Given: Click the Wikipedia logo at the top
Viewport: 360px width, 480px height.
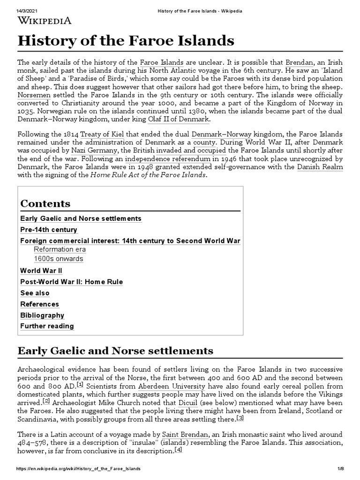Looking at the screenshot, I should coord(45,20).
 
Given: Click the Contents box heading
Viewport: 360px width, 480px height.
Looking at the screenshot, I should coord(45,203).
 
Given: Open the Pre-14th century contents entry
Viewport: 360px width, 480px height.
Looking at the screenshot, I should coord(49,230).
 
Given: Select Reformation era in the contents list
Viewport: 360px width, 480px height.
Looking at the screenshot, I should coord(60,249).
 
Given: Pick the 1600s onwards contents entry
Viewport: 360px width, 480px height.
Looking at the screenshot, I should coord(58,259).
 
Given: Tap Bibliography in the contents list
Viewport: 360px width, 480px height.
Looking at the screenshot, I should coord(42,315).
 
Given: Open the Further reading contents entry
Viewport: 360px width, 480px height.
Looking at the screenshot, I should coord(47,326).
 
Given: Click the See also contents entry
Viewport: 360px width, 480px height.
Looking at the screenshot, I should coord(35,293).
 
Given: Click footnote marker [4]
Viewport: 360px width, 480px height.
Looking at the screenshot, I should coord(178,450).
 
